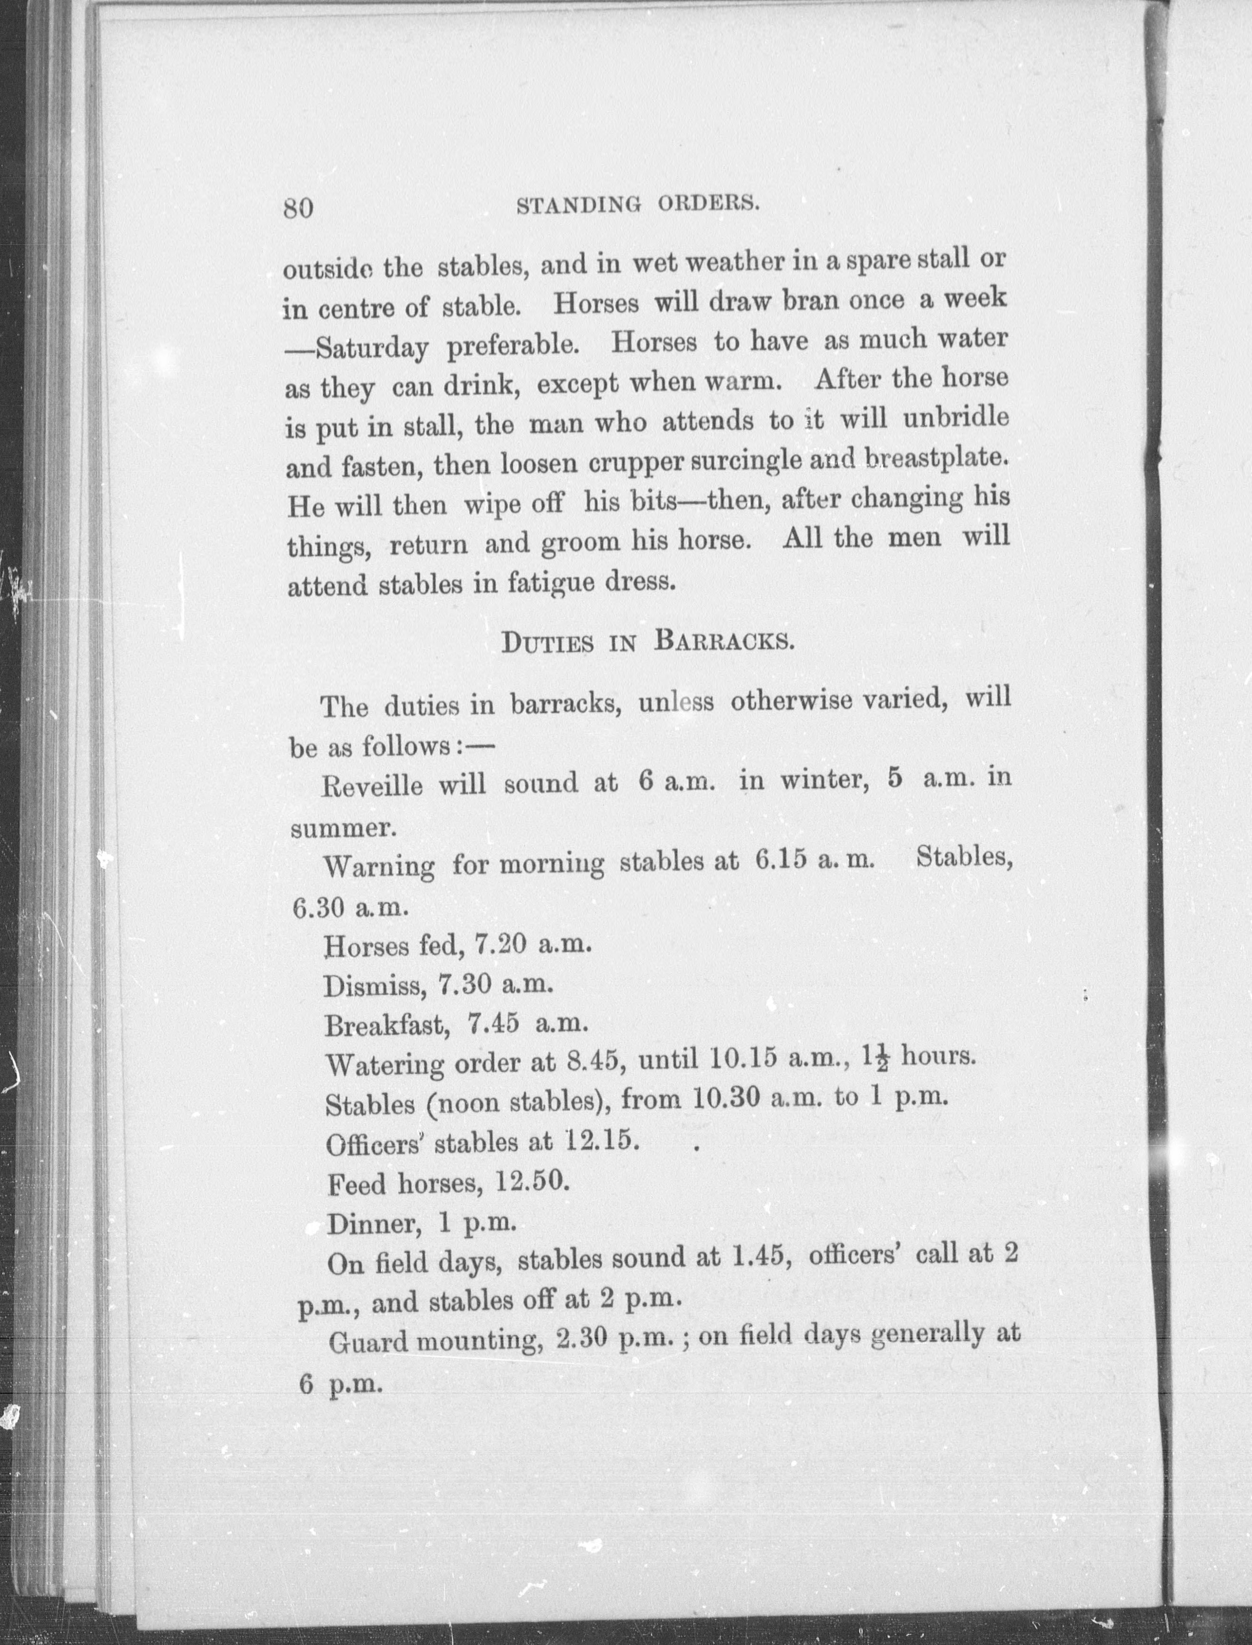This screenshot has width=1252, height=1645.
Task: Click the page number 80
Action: [298, 208]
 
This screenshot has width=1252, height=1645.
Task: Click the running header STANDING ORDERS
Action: [638, 204]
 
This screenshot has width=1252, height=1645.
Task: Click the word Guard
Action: [367, 1342]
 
